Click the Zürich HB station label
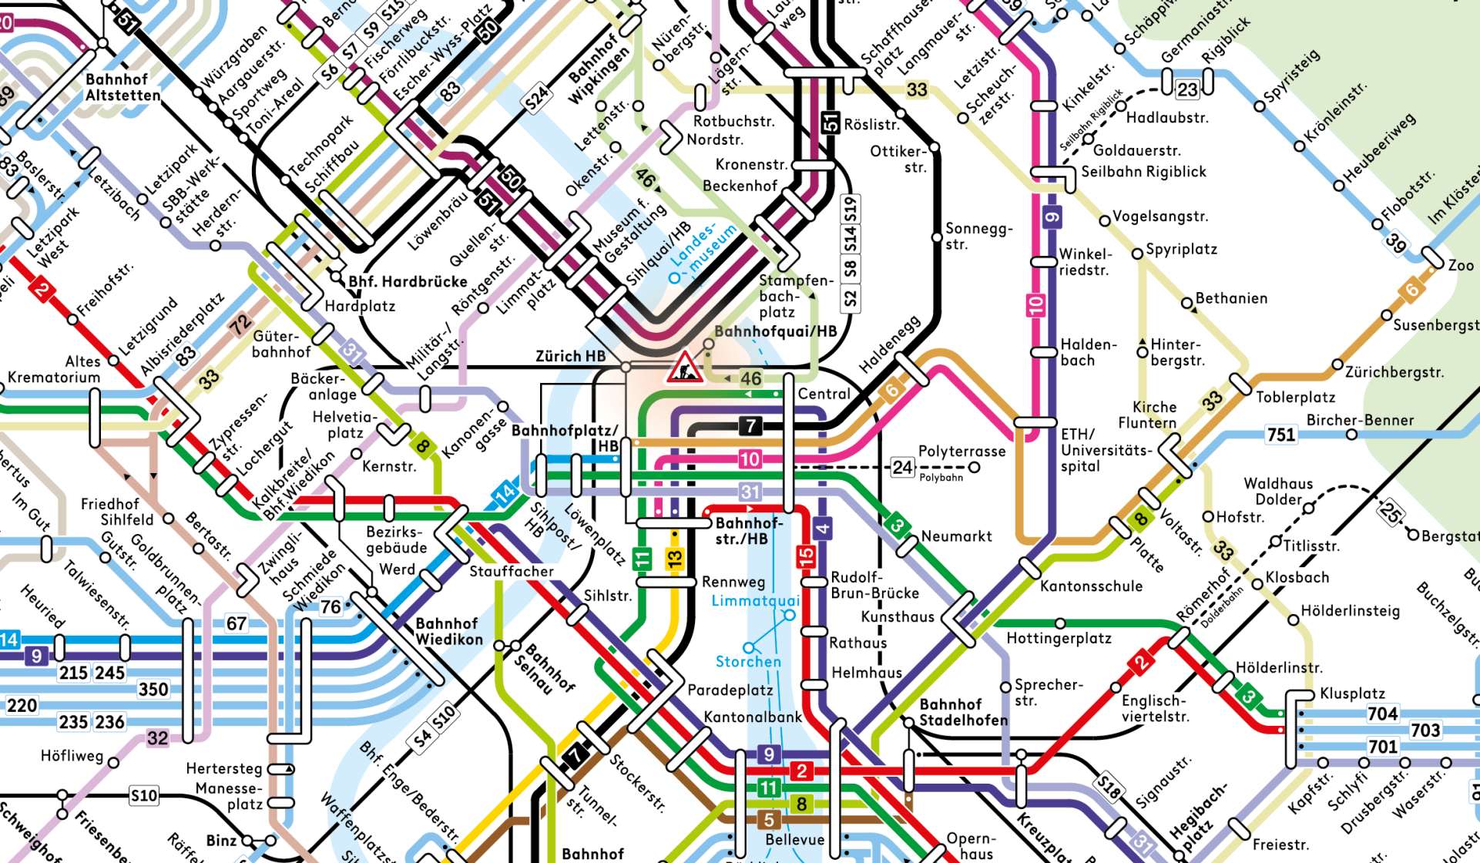[x=570, y=356]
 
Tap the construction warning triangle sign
[x=683, y=368]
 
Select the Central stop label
[x=824, y=394]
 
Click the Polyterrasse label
[x=961, y=452]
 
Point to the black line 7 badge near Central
[x=750, y=425]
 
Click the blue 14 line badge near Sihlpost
[x=505, y=492]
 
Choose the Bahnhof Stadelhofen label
[x=963, y=712]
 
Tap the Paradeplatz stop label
[x=730, y=690]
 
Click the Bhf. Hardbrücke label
[x=408, y=282]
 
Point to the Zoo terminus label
[x=1461, y=265]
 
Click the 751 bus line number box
[x=1281, y=435]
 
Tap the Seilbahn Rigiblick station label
[x=1143, y=172]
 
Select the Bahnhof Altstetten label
[x=122, y=87]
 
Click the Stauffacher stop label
[x=512, y=571]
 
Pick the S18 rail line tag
[x=1109, y=787]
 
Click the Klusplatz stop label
[x=1352, y=693]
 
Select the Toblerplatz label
[x=1295, y=397]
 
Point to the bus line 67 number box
[x=237, y=623]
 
